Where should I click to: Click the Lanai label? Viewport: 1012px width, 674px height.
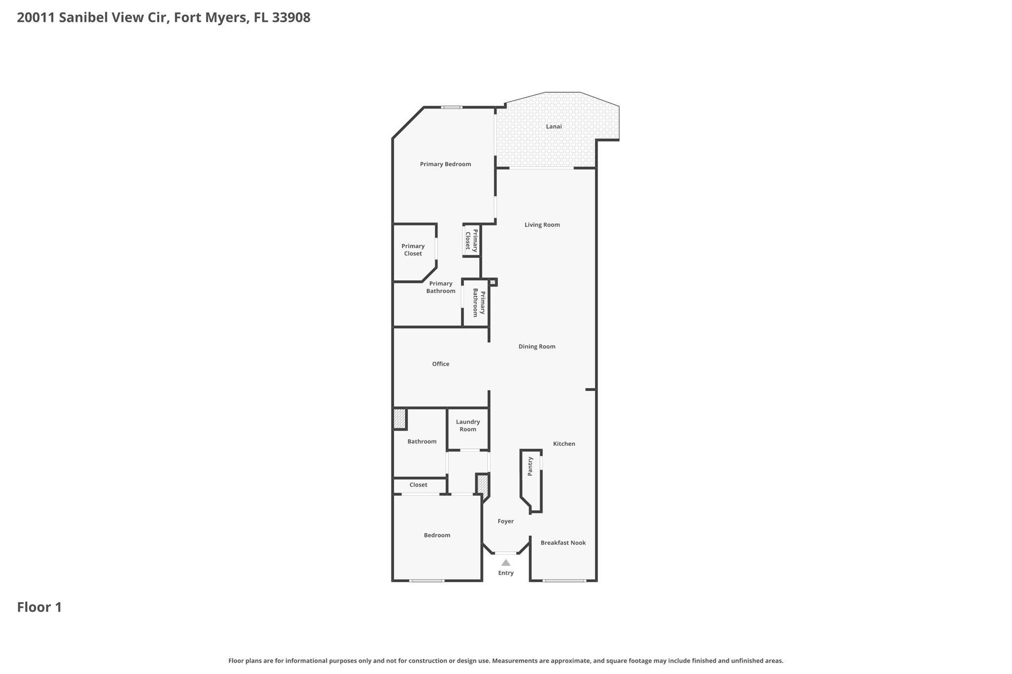click(x=553, y=126)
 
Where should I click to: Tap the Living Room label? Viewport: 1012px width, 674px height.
click(x=542, y=225)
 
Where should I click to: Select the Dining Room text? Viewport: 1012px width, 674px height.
click(x=537, y=347)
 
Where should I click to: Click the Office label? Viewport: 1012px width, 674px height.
click(x=440, y=364)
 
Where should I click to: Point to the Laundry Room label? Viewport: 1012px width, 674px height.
click(x=467, y=426)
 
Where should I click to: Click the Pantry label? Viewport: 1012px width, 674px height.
click(x=530, y=466)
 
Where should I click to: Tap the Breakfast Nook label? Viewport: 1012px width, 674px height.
click(x=563, y=543)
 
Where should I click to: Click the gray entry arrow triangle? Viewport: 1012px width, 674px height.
click(x=506, y=562)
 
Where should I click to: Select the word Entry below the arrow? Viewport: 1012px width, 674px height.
click(x=506, y=573)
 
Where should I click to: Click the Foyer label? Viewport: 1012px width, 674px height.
click(x=506, y=521)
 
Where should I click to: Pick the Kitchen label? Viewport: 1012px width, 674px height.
click(x=564, y=444)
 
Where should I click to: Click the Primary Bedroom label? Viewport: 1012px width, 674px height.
click(x=445, y=164)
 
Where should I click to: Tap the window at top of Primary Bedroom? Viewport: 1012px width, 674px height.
click(x=452, y=107)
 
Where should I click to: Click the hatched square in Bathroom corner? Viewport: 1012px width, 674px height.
click(x=399, y=419)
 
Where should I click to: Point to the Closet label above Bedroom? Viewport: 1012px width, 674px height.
click(x=418, y=485)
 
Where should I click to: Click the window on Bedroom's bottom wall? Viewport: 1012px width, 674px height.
click(x=427, y=581)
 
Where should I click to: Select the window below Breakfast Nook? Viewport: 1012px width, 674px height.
click(x=564, y=581)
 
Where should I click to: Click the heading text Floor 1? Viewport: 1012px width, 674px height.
click(x=40, y=607)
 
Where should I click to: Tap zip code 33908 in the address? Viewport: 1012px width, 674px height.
click(x=291, y=18)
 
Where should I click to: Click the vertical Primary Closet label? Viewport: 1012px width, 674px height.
click(x=471, y=240)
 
